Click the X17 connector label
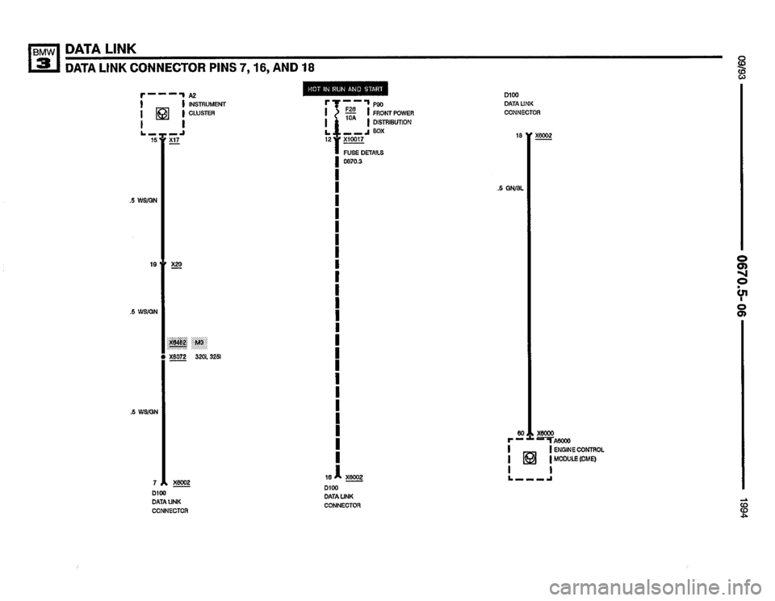pyautogui.click(x=174, y=139)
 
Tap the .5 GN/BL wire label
pyautogui.click(x=510, y=190)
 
